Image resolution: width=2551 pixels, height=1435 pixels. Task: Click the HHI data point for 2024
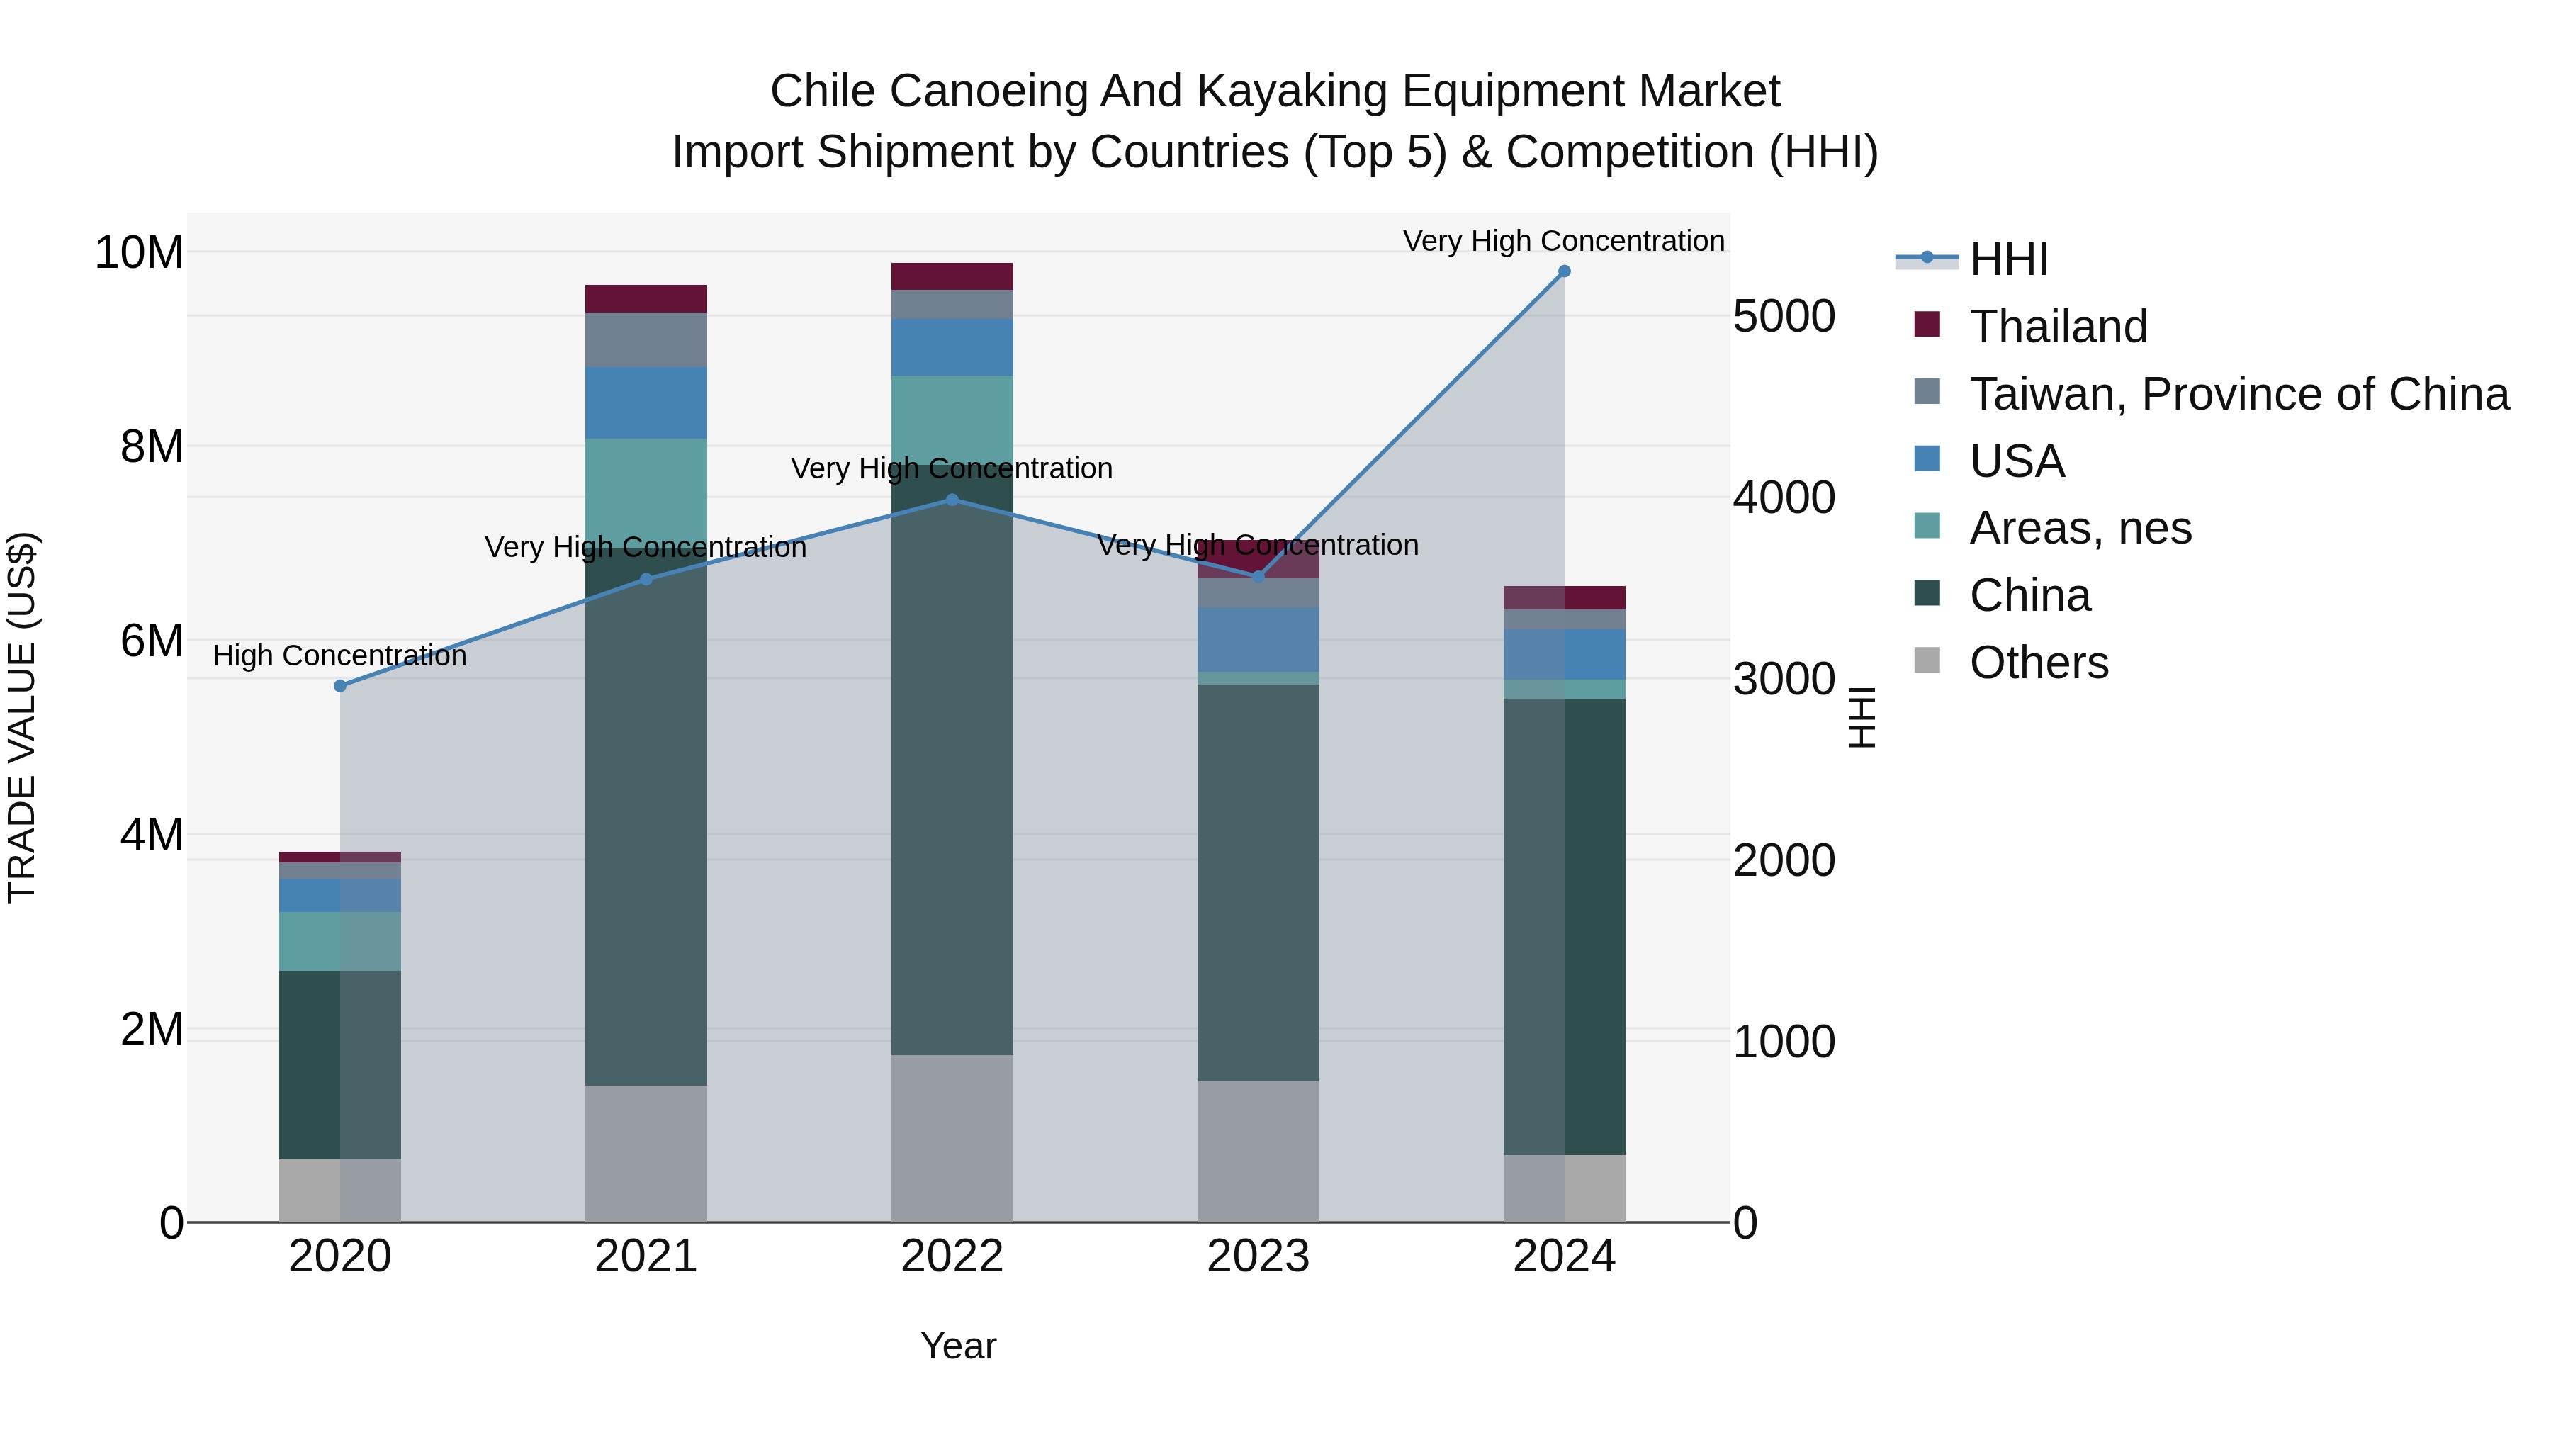click(x=1564, y=271)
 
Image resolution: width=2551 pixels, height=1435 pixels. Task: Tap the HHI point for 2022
click(x=952, y=500)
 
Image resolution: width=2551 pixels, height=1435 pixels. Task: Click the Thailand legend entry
click(x=2058, y=327)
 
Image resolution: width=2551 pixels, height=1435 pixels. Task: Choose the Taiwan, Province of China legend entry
click(x=2238, y=394)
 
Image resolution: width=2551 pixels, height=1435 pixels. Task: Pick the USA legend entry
click(x=2016, y=461)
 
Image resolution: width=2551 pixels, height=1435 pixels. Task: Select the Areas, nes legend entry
click(x=2080, y=528)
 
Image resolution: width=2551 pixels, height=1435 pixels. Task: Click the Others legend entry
click(x=2038, y=663)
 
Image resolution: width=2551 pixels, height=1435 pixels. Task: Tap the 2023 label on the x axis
click(x=1258, y=1256)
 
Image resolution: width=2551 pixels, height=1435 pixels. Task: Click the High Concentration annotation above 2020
click(x=339, y=655)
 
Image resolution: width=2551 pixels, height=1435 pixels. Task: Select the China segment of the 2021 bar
click(x=646, y=822)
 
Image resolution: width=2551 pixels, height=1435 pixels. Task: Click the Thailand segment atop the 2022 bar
click(x=952, y=276)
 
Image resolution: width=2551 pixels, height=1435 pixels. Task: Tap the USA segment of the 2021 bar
click(x=646, y=403)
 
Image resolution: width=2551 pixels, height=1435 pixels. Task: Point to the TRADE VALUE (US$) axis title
click(x=22, y=717)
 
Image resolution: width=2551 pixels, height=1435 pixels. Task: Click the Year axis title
click(x=957, y=1346)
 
